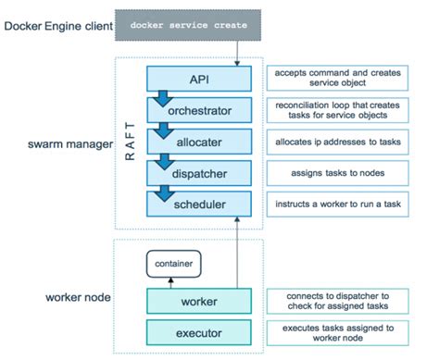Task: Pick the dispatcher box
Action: (x=199, y=171)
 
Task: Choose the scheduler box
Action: (x=199, y=203)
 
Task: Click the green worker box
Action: (x=199, y=301)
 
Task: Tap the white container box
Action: (x=172, y=264)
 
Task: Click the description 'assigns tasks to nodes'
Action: (x=350, y=171)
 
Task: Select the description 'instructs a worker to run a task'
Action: (x=350, y=203)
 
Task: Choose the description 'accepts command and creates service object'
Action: (x=350, y=77)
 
